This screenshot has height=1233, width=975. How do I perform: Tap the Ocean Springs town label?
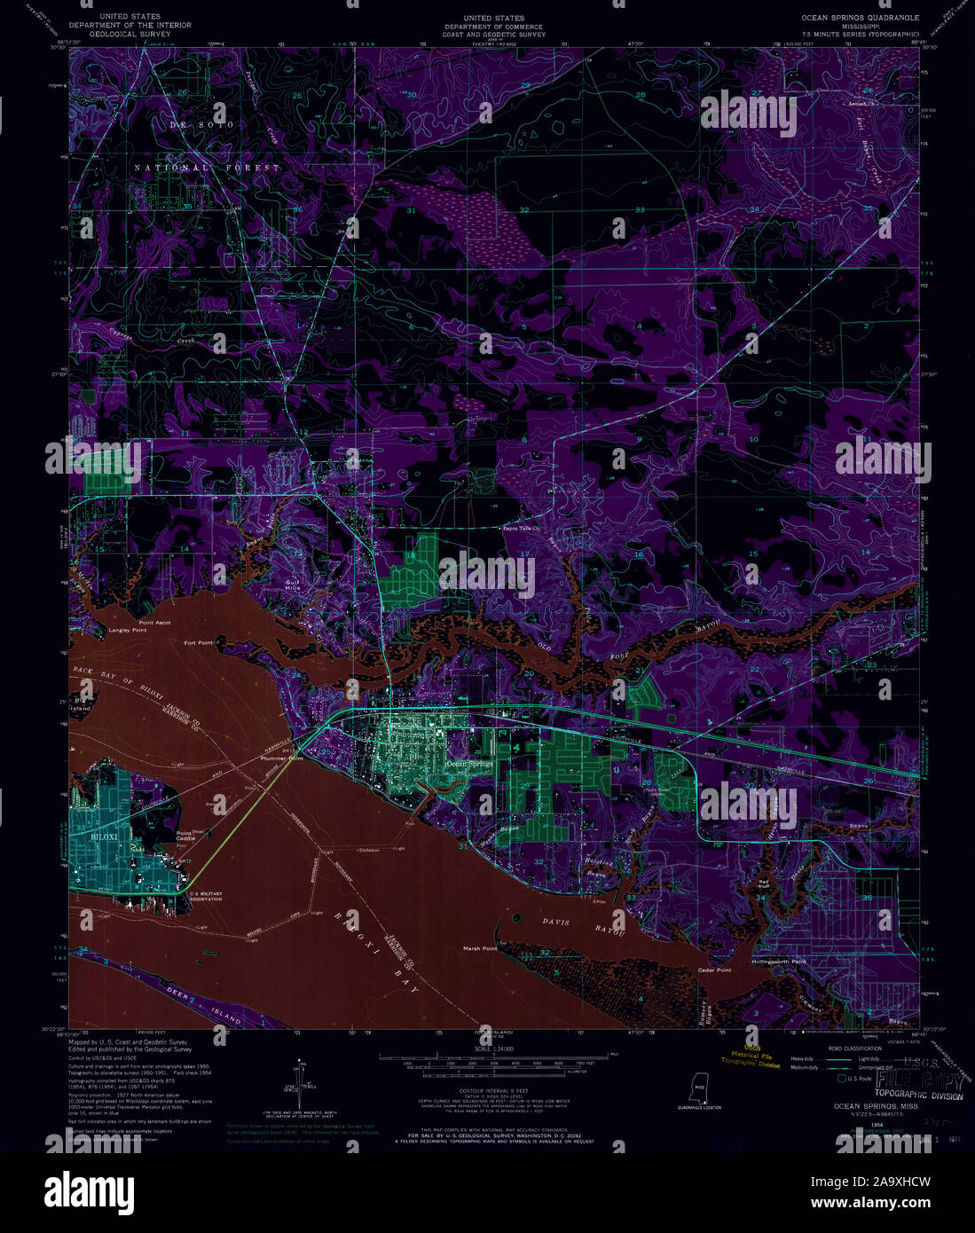(469, 763)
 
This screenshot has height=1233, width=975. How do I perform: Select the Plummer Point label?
(282, 759)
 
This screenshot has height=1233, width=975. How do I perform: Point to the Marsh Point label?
(480, 948)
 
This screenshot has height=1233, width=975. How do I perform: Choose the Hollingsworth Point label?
(779, 962)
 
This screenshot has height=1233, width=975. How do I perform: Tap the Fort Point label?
(199, 642)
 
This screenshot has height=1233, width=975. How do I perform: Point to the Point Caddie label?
(185, 836)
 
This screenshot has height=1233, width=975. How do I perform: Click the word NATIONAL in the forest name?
(171, 168)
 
